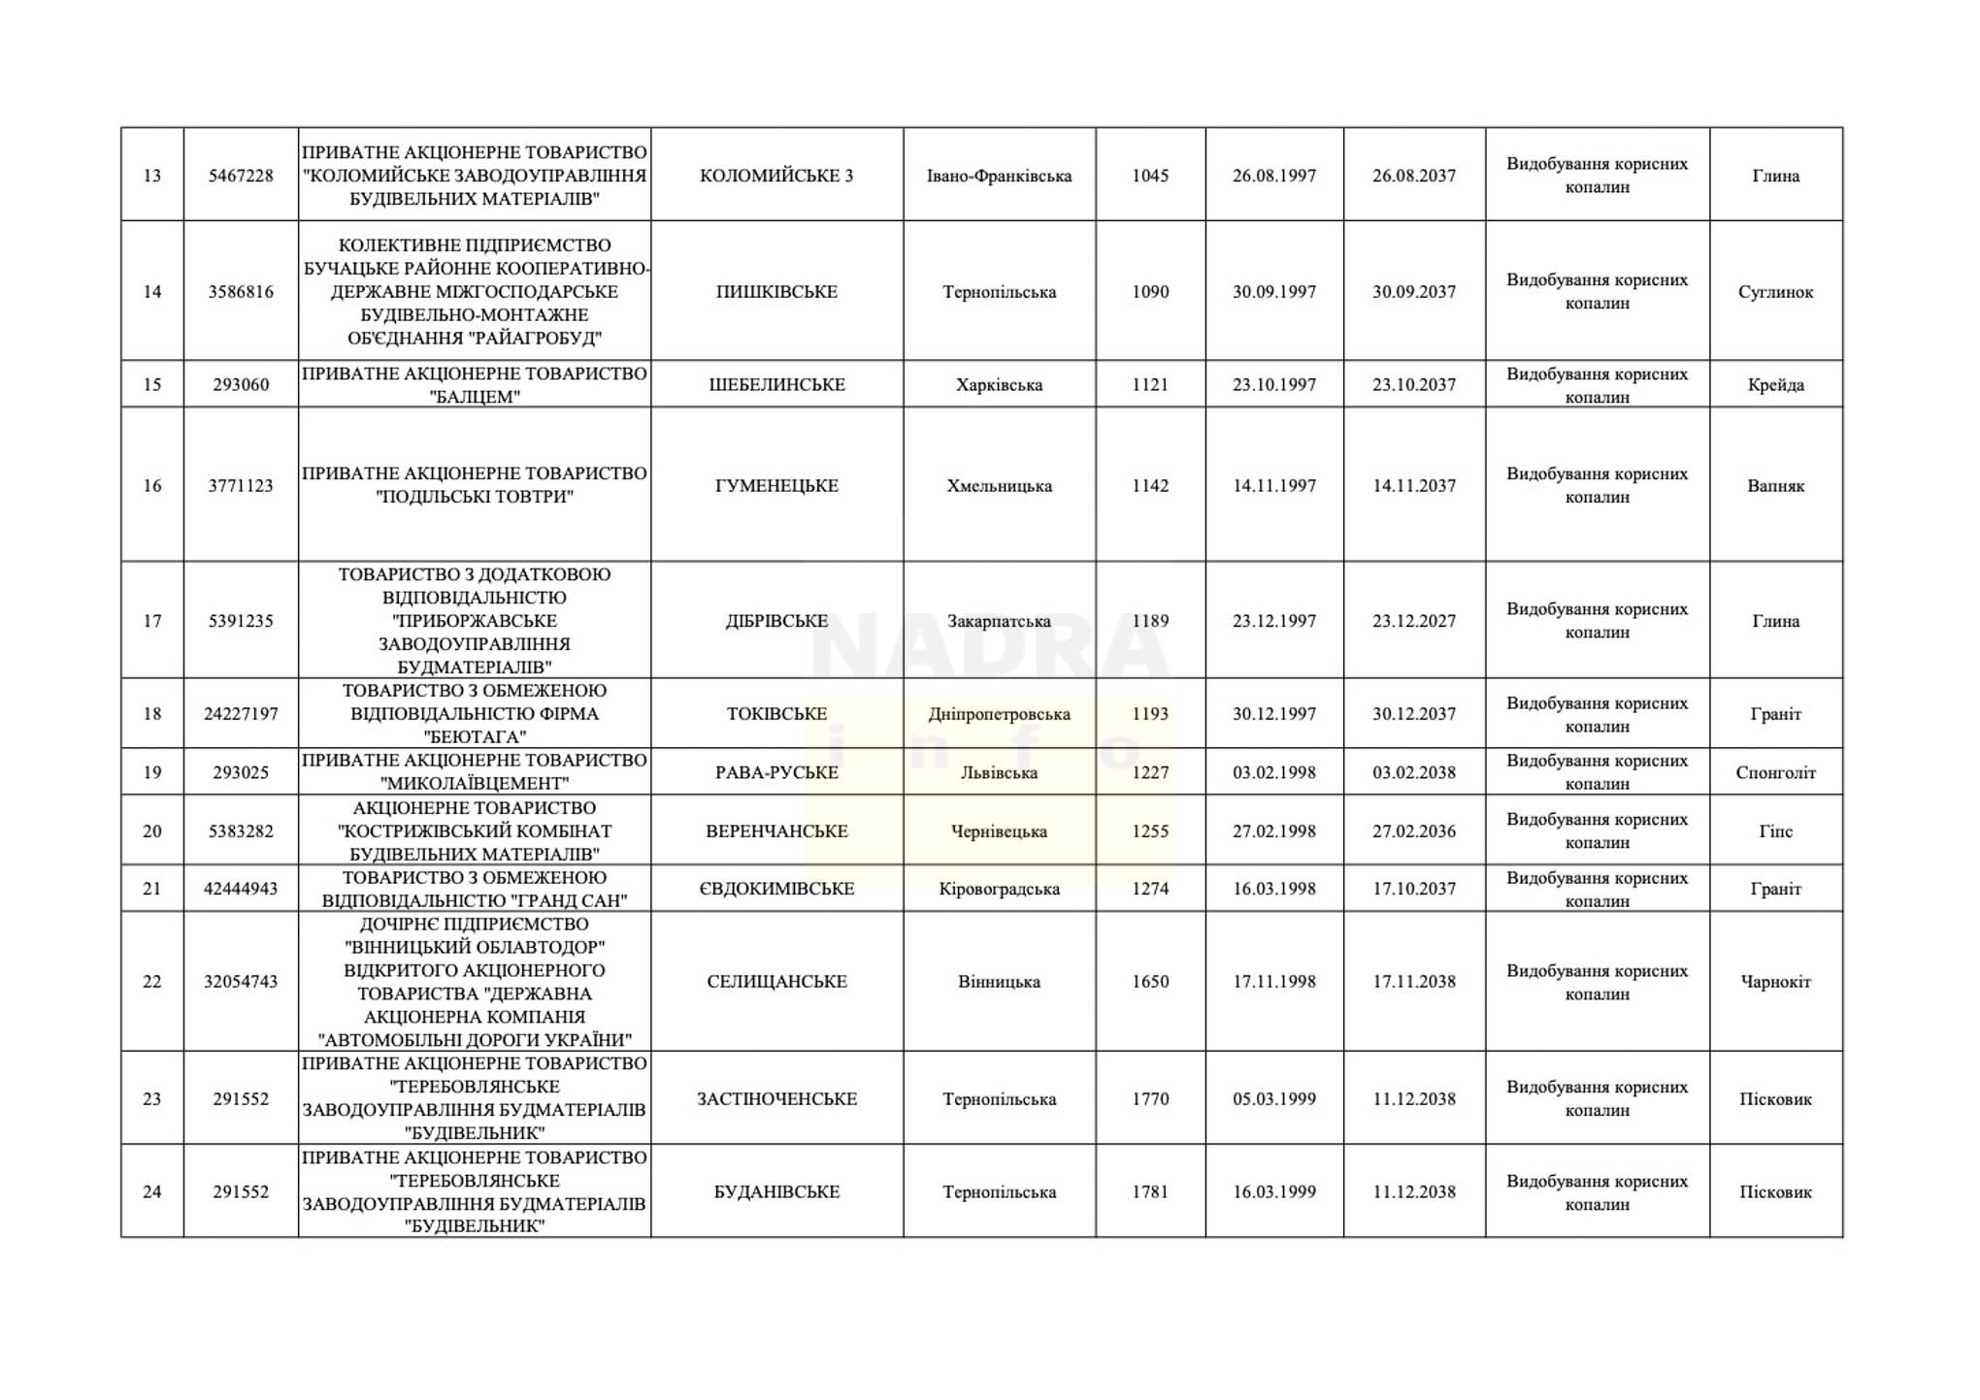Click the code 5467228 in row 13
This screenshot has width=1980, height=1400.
pos(241,176)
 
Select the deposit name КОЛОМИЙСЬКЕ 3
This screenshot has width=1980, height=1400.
pos(776,176)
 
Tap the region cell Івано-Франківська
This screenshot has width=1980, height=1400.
pos(999,176)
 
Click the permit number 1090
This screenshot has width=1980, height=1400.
pos(1150,292)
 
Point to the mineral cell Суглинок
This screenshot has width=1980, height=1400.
pos(1775,292)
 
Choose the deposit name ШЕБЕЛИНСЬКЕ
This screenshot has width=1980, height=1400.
pos(776,384)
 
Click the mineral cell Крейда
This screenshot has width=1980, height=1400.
pos(1775,384)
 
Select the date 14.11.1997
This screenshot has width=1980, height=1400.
pos(1274,486)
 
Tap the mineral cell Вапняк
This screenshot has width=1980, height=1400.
pos(1775,486)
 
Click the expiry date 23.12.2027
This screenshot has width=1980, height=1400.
pos(1414,621)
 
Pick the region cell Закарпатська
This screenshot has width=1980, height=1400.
pos(999,621)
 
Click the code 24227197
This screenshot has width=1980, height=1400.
pos(241,714)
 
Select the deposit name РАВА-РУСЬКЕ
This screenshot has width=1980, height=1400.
pos(776,772)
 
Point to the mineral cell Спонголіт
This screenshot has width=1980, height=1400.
pos(1775,772)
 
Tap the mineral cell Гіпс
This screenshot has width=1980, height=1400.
pos(1775,830)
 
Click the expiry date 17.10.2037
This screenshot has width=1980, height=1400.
pos(1414,889)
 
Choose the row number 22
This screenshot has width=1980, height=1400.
pos(152,982)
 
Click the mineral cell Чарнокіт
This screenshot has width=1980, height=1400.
pos(1775,982)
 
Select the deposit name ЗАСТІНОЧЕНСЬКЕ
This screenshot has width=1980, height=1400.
pos(776,1099)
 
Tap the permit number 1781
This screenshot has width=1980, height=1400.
pos(1150,1192)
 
